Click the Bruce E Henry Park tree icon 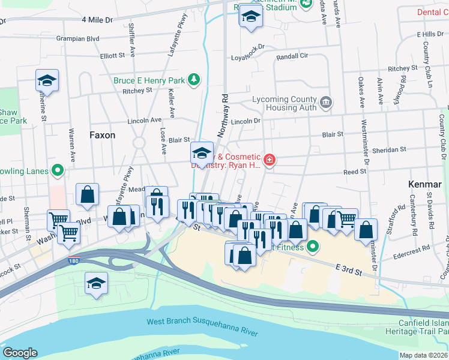tap(193, 79)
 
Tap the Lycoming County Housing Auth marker tap(325, 102)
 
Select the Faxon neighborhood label tap(102, 135)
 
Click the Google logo tap(20, 352)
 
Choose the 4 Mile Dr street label tap(97, 20)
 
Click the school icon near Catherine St tap(47, 80)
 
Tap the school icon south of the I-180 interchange tap(96, 283)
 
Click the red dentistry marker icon tap(270, 160)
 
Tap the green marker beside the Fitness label tap(312, 246)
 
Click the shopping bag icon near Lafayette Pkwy tap(88, 194)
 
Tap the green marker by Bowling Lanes tap(58, 172)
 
